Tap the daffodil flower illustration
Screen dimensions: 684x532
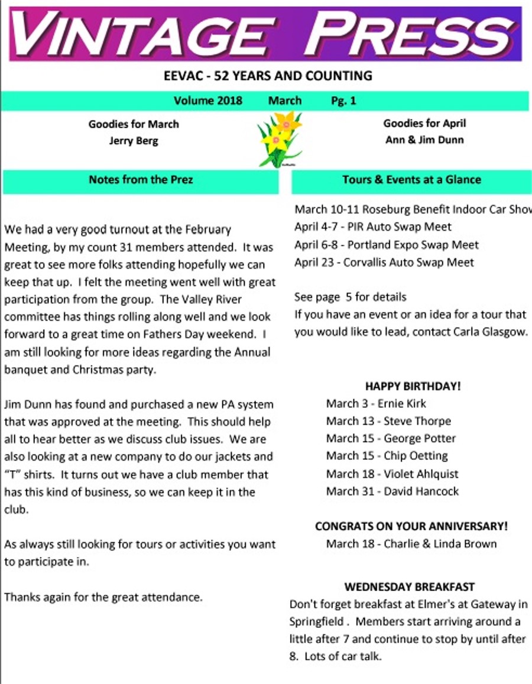pos(280,140)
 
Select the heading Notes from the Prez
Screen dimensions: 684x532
pos(141,179)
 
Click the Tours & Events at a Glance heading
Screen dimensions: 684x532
pos(411,179)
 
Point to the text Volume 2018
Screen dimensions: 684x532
pos(208,101)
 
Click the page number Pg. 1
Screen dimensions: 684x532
pos(343,101)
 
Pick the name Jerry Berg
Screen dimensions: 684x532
pos(134,141)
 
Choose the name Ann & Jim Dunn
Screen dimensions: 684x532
pos(424,140)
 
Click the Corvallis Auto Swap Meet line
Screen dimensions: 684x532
pos(384,262)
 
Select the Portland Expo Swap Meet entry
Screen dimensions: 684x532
pos(386,244)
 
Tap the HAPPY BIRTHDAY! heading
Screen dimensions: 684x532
pos(413,386)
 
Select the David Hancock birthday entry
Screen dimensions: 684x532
pos(392,491)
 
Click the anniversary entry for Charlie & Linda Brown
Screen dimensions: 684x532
pos(411,543)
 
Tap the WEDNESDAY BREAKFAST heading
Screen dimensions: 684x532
pos(409,587)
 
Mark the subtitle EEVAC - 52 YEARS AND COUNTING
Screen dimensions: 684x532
pos(268,76)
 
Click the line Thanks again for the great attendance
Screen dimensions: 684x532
pos(103,597)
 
